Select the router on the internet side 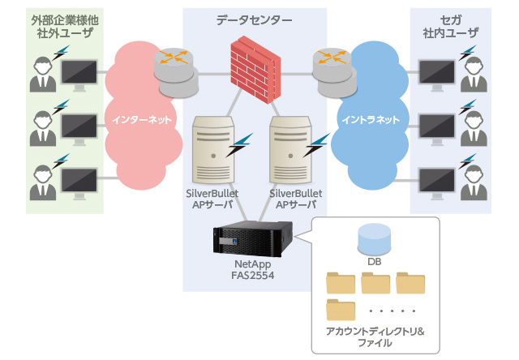click(x=175, y=64)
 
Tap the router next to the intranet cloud click(x=333, y=64)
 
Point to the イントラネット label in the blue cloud click(x=370, y=120)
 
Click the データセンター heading click(x=255, y=19)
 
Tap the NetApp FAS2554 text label click(x=251, y=269)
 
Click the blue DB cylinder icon click(x=375, y=239)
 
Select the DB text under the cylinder click(x=375, y=263)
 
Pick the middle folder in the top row click(x=375, y=283)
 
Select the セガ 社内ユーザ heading click(x=450, y=26)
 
